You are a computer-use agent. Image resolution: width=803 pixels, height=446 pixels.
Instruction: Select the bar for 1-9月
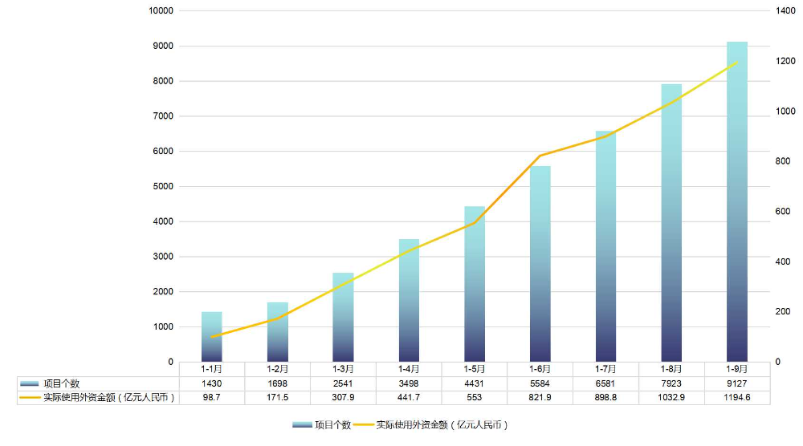[x=737, y=201]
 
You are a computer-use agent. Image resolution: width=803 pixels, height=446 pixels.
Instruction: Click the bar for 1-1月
[x=211, y=336]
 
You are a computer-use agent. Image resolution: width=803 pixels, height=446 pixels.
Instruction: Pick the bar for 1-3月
[x=343, y=317]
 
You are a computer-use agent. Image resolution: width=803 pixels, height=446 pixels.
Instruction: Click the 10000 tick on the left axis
[x=161, y=10]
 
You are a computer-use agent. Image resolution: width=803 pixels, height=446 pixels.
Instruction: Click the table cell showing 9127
[x=737, y=383]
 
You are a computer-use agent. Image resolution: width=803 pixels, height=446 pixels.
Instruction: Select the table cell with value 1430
[x=211, y=383]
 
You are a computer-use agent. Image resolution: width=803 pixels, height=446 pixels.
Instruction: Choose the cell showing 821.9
[x=540, y=397]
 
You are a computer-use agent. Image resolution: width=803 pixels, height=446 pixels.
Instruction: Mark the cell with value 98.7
[x=211, y=397]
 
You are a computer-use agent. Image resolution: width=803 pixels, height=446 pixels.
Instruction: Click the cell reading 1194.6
[x=737, y=397]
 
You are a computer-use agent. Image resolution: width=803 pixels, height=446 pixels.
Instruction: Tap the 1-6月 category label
[x=540, y=369]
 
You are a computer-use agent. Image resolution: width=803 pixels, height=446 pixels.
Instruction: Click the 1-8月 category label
[x=671, y=369]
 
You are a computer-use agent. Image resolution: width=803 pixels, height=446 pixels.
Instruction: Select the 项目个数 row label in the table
[x=61, y=383]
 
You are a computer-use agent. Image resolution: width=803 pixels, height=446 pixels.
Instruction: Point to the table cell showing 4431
[x=475, y=383]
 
